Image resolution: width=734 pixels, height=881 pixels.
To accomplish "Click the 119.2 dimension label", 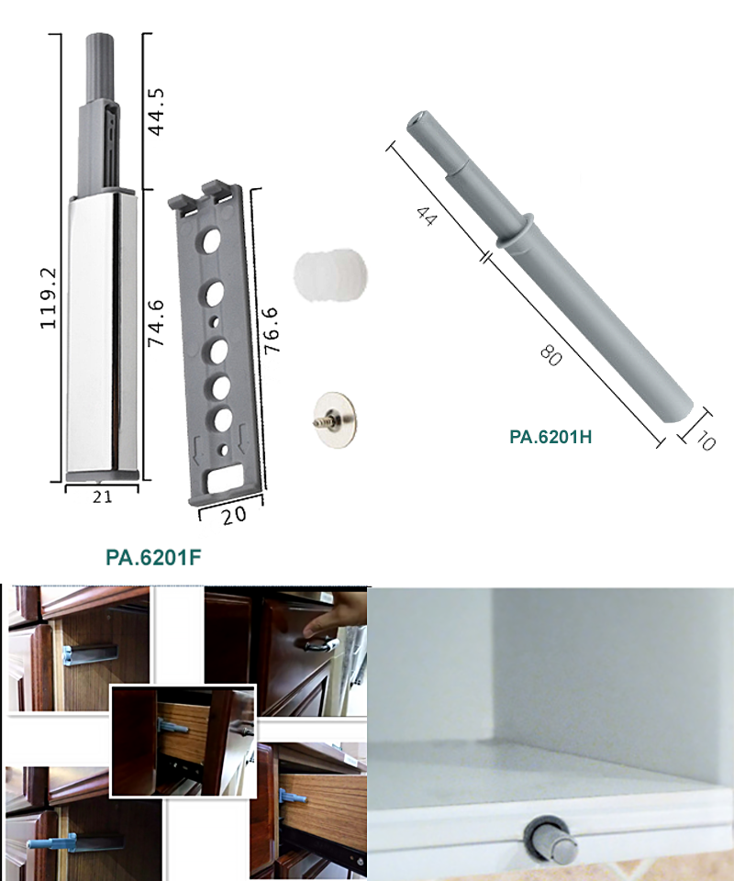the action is click(x=49, y=298).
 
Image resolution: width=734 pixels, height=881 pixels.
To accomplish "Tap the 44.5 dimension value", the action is click(x=156, y=112).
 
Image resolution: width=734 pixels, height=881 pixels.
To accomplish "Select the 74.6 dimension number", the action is click(x=156, y=323).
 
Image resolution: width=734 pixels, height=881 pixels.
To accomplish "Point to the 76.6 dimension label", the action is click(x=271, y=330).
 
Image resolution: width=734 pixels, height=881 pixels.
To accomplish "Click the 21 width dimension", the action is click(x=102, y=496).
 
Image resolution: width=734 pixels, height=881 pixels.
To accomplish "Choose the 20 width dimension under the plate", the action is click(x=234, y=515).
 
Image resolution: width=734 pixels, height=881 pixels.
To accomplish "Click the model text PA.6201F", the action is click(x=153, y=557).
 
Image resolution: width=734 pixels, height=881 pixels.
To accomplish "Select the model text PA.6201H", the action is click(x=550, y=437).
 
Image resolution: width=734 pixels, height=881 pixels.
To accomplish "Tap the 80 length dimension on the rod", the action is click(x=550, y=355).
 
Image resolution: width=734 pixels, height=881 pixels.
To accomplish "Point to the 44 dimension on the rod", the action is click(x=426, y=217).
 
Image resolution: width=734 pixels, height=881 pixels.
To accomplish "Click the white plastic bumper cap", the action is click(x=330, y=274).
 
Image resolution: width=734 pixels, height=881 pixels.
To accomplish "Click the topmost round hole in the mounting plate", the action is click(x=211, y=241).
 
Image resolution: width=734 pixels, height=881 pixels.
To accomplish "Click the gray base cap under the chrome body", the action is click(x=102, y=476).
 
